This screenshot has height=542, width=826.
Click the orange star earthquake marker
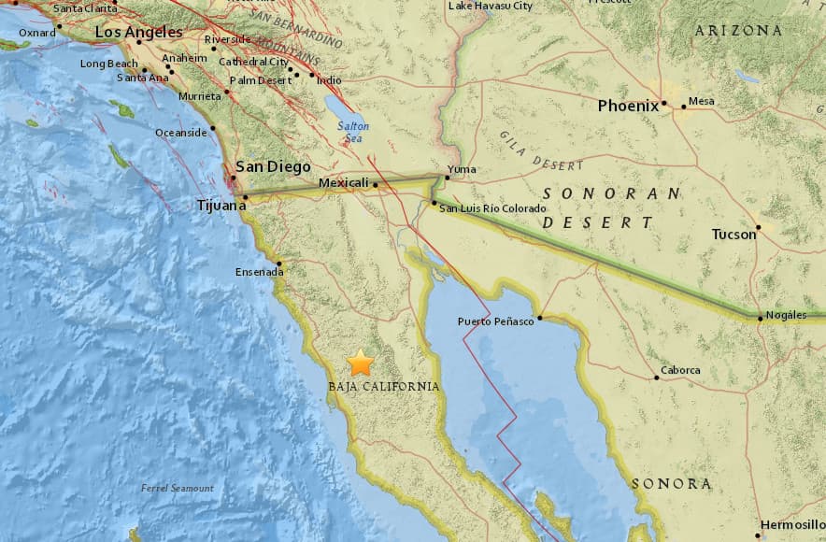(x=361, y=363)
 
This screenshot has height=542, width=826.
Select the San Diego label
(x=272, y=166)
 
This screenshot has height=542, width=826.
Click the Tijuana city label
(x=219, y=204)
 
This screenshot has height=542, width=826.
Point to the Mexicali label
(x=344, y=183)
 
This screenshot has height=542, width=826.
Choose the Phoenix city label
(x=628, y=106)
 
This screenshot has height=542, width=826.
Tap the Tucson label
(x=733, y=234)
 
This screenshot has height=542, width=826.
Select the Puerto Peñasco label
(x=495, y=321)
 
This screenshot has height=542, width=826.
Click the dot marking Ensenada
(x=279, y=263)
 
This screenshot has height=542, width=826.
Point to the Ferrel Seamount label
(x=178, y=488)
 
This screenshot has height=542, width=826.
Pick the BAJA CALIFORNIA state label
(x=383, y=386)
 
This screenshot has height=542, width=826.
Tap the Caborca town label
(x=680, y=370)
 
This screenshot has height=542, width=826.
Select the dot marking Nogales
(x=760, y=319)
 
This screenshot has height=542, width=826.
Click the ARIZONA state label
(x=738, y=31)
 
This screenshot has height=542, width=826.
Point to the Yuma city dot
(x=447, y=176)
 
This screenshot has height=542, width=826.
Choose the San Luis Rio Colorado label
(x=491, y=207)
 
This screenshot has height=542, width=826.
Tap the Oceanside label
(x=180, y=133)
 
